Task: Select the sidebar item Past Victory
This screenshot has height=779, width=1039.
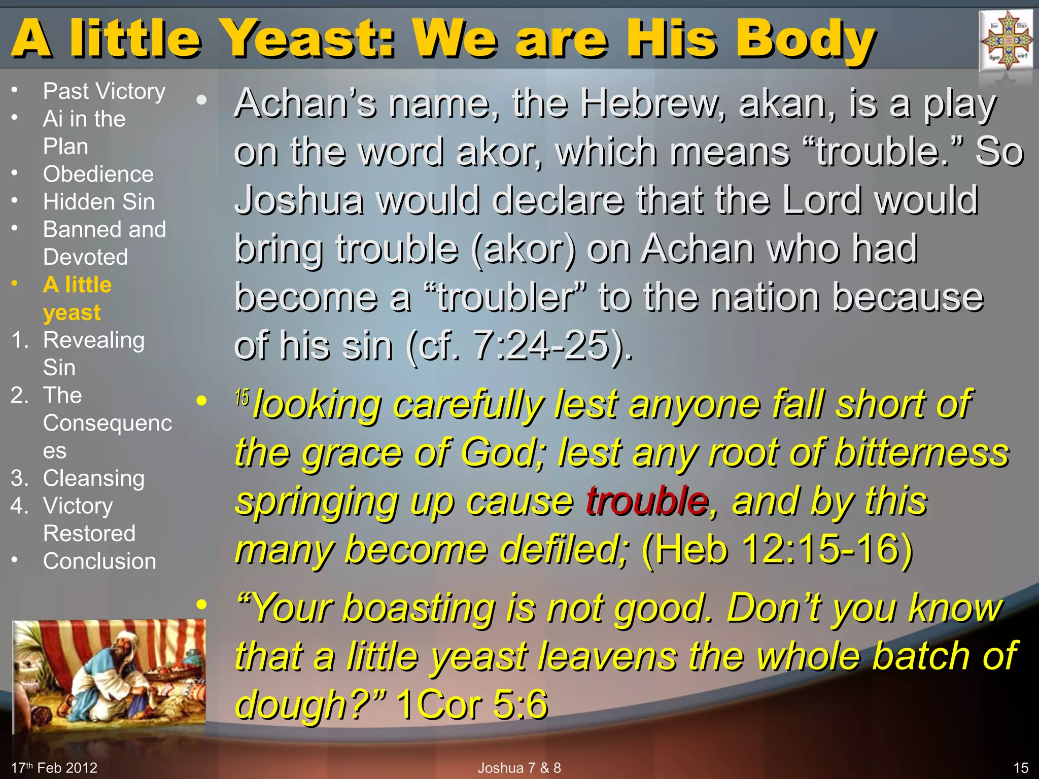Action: coord(104,91)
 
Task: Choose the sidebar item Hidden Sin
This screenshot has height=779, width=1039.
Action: coord(99,202)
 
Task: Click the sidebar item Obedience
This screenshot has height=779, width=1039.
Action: coord(98,174)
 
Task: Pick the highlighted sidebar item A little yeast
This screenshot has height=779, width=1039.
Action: coord(77,298)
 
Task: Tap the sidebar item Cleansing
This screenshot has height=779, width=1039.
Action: coord(94,478)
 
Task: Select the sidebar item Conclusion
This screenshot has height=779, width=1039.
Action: coord(99,561)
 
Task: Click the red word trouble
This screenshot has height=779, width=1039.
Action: coord(647,501)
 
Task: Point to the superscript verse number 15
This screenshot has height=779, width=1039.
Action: coord(242,398)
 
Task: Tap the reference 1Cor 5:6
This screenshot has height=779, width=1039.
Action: coord(472,704)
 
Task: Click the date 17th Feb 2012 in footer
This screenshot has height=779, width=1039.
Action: coord(54,768)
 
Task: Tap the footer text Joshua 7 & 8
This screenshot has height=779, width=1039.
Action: coord(519,768)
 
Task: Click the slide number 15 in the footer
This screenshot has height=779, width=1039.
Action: coord(1021,768)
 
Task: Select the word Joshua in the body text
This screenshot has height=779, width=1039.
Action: coord(299,200)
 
